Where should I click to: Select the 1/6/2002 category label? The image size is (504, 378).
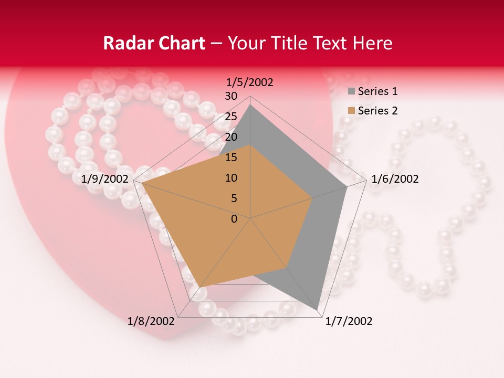395,179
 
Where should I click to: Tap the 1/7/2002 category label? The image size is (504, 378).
349,321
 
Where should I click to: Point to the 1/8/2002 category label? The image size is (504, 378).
151,321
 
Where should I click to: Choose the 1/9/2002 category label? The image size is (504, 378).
105,179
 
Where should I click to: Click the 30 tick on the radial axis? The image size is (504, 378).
231,96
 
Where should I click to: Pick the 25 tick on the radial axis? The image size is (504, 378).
231,117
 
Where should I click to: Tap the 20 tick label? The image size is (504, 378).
231,137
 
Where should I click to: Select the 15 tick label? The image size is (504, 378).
231,157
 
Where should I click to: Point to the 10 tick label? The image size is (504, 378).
231,178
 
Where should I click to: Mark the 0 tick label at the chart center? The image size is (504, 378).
234,219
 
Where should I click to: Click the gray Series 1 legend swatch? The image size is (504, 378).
351,92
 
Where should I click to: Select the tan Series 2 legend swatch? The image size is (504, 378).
351,111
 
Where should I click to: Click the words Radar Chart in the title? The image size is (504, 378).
153,43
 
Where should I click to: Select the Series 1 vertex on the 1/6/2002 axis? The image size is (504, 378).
347,186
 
